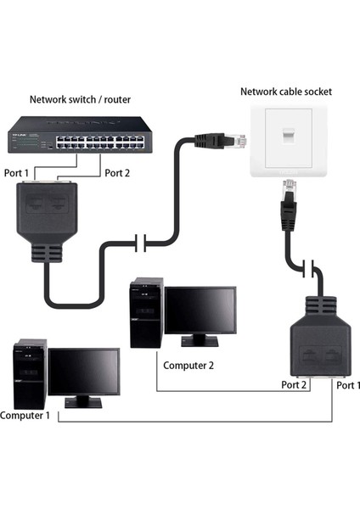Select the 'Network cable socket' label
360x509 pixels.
click(286, 92)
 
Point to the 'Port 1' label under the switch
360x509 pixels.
click(15, 174)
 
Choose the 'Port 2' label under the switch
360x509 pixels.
click(119, 174)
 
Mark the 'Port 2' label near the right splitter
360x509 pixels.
click(294, 383)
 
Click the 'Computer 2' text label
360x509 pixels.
click(188, 366)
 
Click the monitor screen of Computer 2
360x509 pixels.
click(200, 310)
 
